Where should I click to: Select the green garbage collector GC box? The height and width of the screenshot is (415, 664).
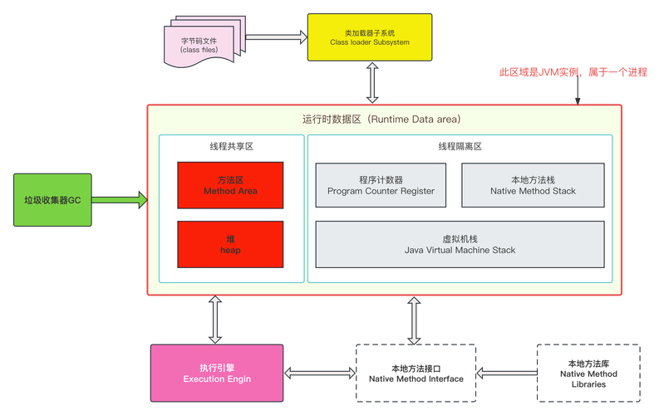52,200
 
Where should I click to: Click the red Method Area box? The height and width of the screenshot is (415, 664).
230,185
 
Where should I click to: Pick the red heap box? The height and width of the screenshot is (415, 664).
230,244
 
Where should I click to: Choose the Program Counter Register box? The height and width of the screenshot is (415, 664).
381,185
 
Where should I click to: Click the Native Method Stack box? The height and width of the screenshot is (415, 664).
532,185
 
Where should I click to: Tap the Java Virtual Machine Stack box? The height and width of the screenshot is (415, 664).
460,244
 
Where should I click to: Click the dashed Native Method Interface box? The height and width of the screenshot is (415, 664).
415,373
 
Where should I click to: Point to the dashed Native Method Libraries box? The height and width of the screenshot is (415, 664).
588,373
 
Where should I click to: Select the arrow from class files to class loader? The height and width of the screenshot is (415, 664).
277,37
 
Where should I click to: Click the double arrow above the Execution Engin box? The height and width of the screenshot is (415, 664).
215,320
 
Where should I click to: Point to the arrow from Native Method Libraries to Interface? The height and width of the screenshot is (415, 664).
506,373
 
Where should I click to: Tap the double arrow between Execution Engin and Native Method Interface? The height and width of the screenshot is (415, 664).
320,373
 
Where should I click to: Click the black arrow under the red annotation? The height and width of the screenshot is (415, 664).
578,93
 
